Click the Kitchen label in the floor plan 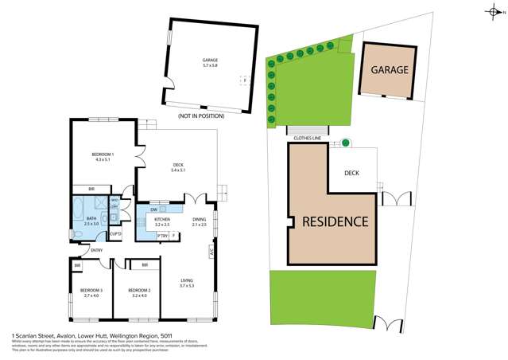pos(162,219)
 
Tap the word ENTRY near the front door pos(96,251)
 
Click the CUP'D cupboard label pos(115,233)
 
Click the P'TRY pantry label pos(161,235)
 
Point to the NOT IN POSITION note pos(201,116)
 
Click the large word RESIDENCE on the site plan pos(334,221)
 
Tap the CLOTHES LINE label pos(307,138)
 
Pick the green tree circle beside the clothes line pos(346,143)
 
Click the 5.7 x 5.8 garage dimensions pos(210,66)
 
